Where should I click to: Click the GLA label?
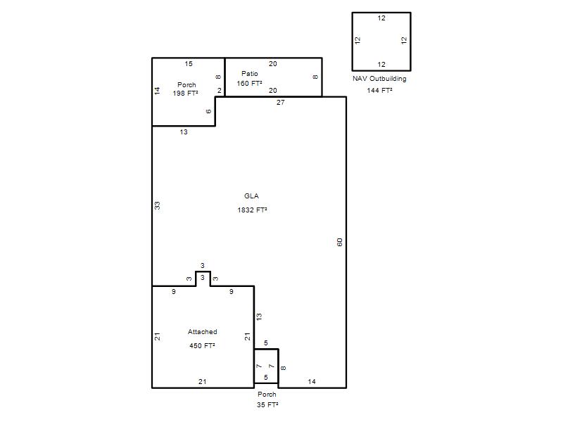click(x=251, y=196)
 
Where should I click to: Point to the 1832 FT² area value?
click(x=252, y=210)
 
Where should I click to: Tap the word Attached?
click(x=203, y=332)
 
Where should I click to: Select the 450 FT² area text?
click(x=202, y=345)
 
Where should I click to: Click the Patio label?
click(x=250, y=74)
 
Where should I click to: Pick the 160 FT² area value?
click(x=249, y=83)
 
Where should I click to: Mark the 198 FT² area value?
click(x=185, y=94)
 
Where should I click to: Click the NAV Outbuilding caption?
click(x=379, y=79)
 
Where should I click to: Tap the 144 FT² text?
click(x=379, y=91)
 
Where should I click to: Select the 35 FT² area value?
click(x=267, y=405)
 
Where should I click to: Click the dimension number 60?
click(x=340, y=242)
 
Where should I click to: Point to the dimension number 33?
click(x=157, y=205)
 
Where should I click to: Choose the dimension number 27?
click(x=280, y=103)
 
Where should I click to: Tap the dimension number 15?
click(x=189, y=64)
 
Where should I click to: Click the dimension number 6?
click(x=208, y=111)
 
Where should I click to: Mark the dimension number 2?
click(x=220, y=91)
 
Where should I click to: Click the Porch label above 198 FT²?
click(x=186, y=85)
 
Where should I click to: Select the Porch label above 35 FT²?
click(x=267, y=395)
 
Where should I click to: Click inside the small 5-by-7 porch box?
click(x=266, y=366)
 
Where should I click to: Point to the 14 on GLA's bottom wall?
click(x=312, y=382)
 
